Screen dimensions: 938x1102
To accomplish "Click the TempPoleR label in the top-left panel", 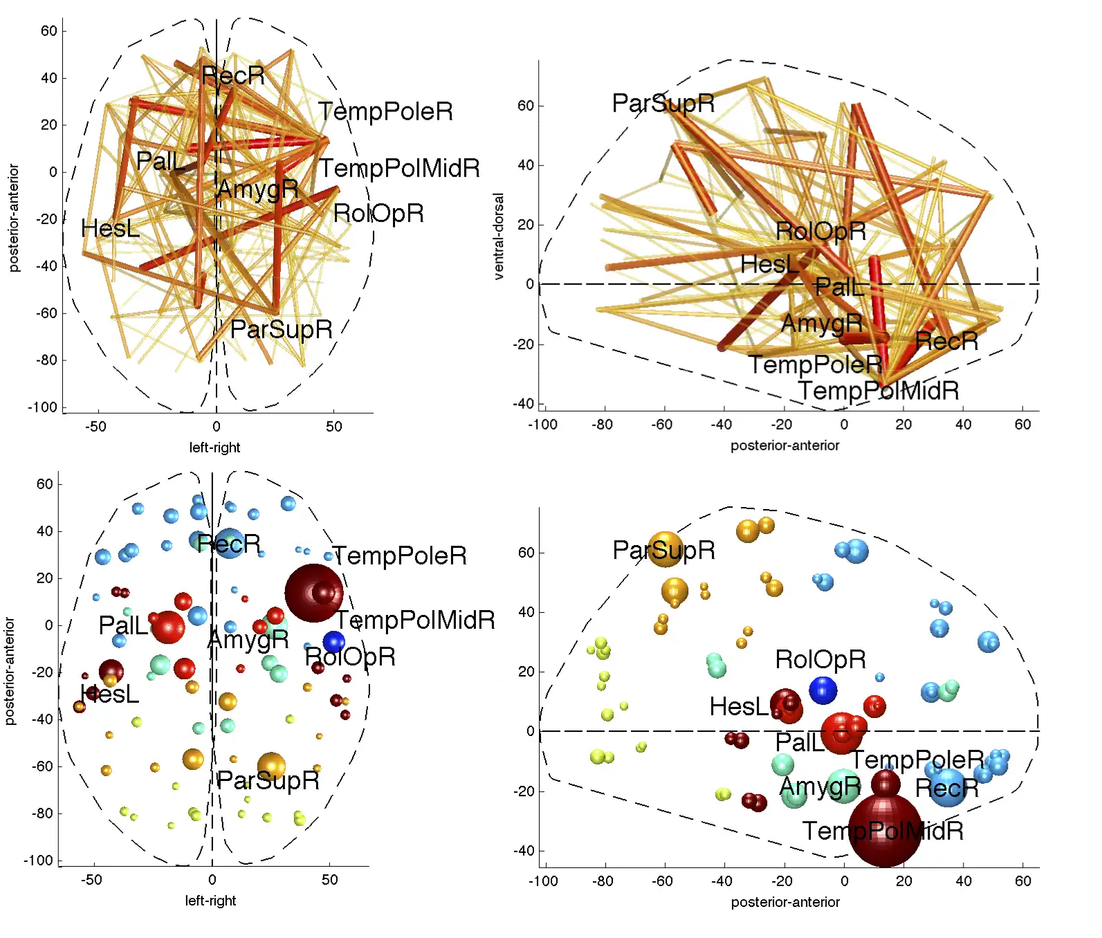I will [x=385, y=111].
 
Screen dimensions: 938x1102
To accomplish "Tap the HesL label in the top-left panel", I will [x=110, y=228].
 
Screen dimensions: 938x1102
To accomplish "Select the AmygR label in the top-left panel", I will [x=257, y=189].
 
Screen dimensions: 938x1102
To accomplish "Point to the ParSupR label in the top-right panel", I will [x=663, y=103].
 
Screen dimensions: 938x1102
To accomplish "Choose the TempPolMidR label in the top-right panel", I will [x=879, y=391].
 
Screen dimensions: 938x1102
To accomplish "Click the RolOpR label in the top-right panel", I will [x=820, y=231].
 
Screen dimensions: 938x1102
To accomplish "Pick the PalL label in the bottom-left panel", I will [x=123, y=625].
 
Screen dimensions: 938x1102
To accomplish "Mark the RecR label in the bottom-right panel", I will [x=946, y=788].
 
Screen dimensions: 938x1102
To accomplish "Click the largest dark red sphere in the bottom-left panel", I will [x=313, y=593].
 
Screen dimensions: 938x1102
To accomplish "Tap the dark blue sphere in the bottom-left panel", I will [x=333, y=642].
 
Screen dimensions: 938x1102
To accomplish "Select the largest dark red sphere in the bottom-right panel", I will [x=885, y=830].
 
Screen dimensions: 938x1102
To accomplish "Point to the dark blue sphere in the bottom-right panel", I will [x=823, y=690].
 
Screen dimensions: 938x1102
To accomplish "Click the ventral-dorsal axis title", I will [x=499, y=237].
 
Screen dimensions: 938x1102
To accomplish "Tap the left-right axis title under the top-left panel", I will [x=214, y=448].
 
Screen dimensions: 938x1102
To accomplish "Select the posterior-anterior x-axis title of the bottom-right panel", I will [x=785, y=902].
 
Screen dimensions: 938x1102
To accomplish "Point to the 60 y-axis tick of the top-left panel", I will [x=48, y=31].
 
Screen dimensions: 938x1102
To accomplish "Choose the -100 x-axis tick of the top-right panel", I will [x=542, y=425].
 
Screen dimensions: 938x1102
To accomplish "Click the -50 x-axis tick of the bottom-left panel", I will [x=91, y=880].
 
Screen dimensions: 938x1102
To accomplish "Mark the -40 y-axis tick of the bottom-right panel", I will [x=526, y=851].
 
